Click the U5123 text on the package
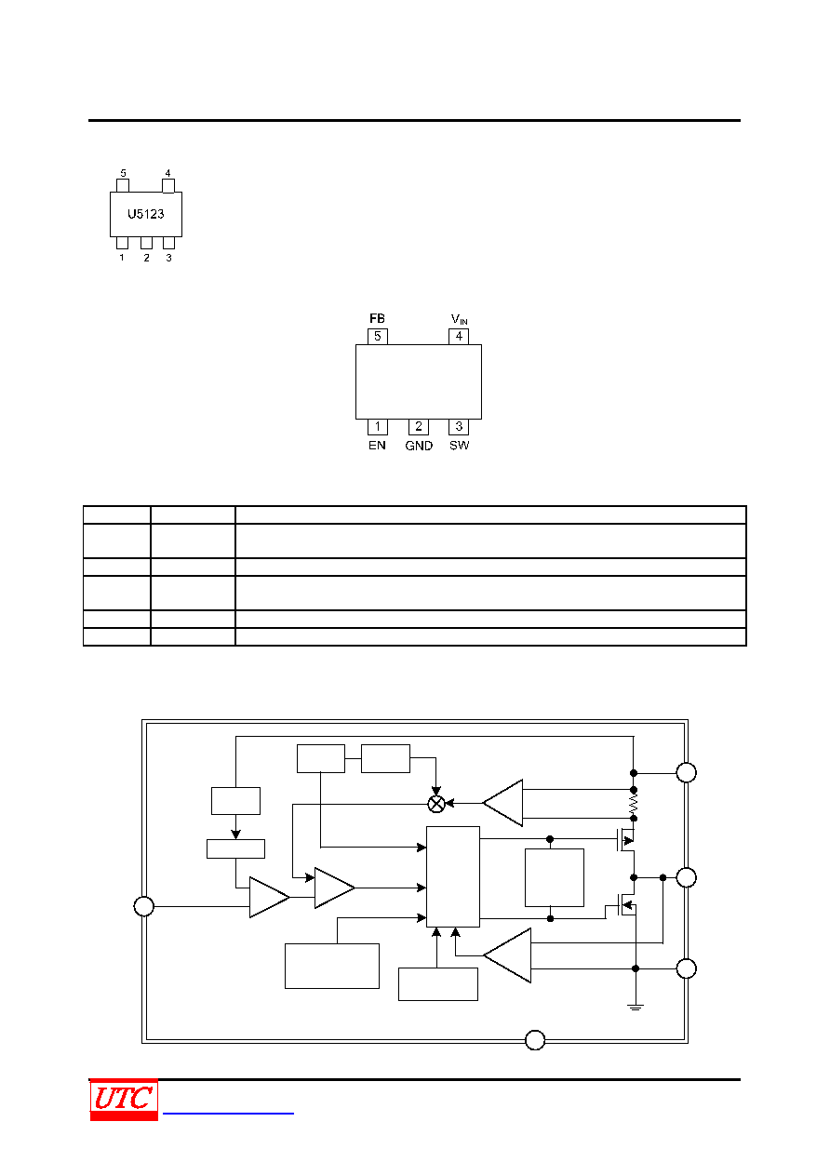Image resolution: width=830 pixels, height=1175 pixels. coord(146,214)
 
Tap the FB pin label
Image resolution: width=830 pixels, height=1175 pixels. coord(377,318)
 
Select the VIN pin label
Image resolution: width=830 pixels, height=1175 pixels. coord(459,319)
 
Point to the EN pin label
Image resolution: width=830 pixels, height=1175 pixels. coord(377,446)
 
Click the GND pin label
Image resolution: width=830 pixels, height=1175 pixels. coord(419,446)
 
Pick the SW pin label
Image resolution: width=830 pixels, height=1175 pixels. coord(459,446)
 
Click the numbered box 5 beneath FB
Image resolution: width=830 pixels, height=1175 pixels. coord(378,336)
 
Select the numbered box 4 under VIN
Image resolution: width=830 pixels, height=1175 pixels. coord(459,336)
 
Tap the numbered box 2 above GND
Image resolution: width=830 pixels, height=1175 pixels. coord(419,427)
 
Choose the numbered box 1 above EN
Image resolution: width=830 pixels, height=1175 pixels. coord(378,427)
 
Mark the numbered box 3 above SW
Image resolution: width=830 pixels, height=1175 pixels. coord(459,427)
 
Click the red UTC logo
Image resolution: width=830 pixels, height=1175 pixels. coord(124,1099)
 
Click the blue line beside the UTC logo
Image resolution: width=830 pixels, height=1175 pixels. coord(228,1113)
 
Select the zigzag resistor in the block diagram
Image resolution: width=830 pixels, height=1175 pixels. coord(634,804)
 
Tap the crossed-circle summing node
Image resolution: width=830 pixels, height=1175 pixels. coord(436,804)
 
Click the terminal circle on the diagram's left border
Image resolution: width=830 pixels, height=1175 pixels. coord(143,906)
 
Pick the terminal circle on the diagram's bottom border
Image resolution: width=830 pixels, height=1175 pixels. coord(535,1040)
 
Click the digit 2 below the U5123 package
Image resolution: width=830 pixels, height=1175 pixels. coord(146,258)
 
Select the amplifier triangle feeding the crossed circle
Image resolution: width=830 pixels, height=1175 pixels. coord(502,803)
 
